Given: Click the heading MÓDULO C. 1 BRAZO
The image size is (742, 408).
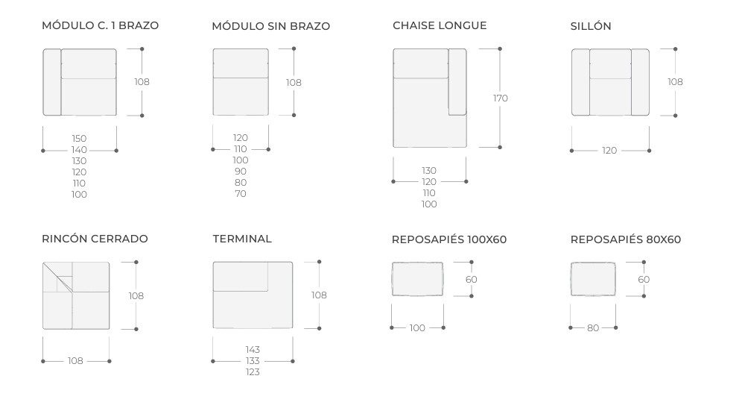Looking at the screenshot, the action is coord(101,25).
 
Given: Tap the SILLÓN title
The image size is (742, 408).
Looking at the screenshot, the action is coord(591,26).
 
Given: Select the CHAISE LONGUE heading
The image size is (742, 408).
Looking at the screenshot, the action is coord(440,25).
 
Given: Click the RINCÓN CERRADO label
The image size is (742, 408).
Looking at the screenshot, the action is coord(95,239).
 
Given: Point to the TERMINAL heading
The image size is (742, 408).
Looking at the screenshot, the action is coord(242,239).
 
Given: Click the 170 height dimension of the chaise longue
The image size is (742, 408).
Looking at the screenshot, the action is coord(500,98).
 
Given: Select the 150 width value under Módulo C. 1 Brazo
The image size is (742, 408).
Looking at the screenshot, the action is coord(79,139).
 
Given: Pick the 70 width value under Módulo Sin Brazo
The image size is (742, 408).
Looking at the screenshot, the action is coord(241,194).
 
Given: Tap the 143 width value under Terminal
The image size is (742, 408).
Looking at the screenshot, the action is coord(253,350).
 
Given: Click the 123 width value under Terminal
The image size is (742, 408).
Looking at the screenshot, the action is coord(253,372).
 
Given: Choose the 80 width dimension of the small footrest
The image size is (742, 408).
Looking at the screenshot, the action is coord(593,328).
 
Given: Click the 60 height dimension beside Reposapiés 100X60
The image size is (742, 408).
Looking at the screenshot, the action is coord(472,280).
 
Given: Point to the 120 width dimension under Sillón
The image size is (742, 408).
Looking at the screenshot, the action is coord(609,151).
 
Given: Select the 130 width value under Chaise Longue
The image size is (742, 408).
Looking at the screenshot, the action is coord(429,171).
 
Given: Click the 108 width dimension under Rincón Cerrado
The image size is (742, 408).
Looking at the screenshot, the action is coord(75,361).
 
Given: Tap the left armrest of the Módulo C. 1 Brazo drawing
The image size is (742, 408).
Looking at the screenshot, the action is coord(52,82).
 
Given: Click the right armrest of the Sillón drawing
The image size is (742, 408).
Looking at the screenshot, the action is coord(640,82).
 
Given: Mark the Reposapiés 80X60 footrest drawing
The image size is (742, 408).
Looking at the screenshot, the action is coord(593,279).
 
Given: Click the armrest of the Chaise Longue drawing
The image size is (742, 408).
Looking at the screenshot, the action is coord(457,81).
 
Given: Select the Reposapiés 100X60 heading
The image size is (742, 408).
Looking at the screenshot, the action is coord(449,239).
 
